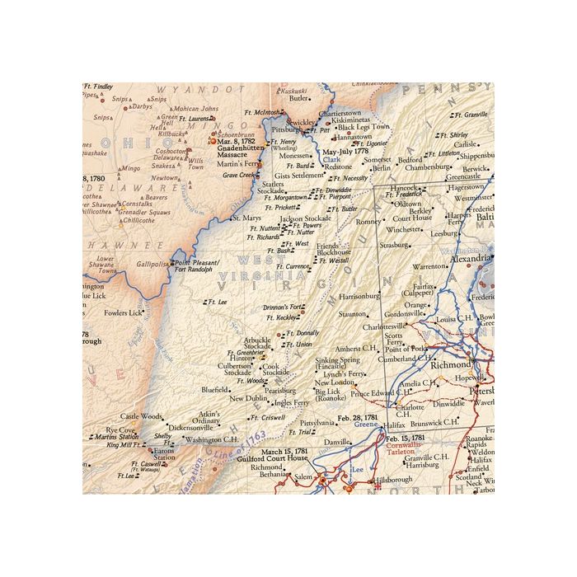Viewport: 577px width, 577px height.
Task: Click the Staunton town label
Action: tap(352, 313)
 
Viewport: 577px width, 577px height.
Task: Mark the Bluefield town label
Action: tap(214, 389)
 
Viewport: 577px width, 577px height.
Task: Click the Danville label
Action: tap(336, 443)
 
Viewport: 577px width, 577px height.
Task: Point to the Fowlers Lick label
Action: tap(124, 313)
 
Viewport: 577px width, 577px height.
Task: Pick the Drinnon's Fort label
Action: tap(281, 307)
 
